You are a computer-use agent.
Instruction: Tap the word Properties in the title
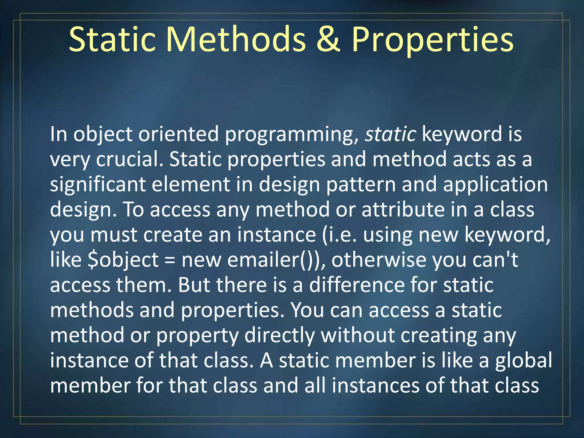point(432,40)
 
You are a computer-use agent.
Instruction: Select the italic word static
point(390,134)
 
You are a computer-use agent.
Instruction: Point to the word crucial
point(130,159)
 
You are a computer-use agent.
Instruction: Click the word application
point(495,185)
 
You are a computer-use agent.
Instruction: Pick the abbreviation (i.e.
point(339,235)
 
